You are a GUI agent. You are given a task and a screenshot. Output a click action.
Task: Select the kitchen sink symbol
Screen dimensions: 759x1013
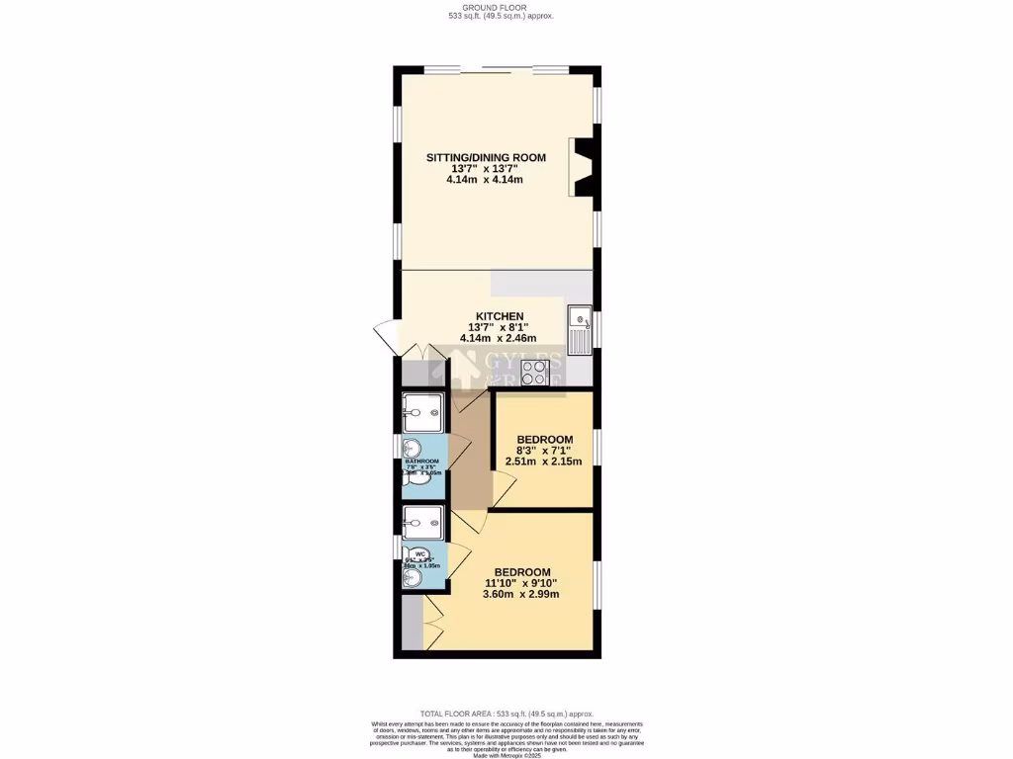580,329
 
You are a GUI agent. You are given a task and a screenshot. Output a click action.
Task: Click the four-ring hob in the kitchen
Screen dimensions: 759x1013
535,373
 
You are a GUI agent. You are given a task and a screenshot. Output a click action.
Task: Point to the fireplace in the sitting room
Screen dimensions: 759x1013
582,168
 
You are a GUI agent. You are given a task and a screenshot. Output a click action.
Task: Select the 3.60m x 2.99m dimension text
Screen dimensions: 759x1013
521,594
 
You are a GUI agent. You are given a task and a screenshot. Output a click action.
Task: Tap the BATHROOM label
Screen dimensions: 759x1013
422,462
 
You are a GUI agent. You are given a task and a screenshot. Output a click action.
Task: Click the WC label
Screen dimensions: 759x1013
419,554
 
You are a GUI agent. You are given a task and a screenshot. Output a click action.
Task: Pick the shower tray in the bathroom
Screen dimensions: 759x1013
424,412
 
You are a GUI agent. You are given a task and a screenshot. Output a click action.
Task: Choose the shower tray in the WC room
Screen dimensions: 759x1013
424,521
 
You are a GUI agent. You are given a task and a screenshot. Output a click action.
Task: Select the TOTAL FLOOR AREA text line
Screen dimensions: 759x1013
506,714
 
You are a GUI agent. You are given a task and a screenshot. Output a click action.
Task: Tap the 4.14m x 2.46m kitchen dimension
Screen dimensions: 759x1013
497,338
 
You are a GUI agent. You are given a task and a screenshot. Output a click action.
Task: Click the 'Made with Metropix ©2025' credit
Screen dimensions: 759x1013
506,756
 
